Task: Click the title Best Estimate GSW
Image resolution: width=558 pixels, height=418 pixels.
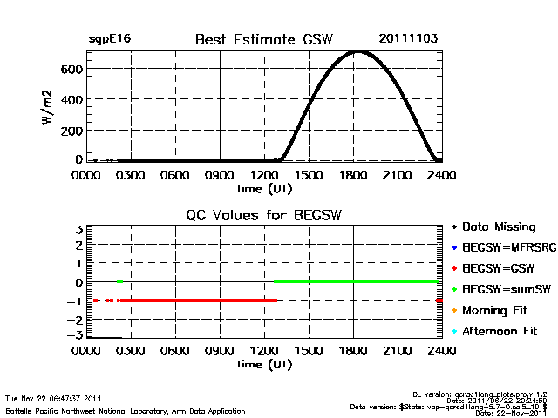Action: (x=264, y=39)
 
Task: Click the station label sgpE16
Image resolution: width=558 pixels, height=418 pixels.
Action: (x=109, y=39)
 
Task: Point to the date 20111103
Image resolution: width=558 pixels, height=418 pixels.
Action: (x=408, y=39)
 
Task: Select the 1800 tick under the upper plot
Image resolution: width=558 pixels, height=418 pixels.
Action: (x=353, y=175)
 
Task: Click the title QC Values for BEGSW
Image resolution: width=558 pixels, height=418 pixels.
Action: (x=263, y=215)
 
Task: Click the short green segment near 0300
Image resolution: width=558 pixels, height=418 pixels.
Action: (x=119, y=282)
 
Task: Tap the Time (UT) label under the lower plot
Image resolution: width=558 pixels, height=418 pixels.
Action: (x=263, y=364)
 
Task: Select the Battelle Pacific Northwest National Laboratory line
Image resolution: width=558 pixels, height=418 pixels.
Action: (x=126, y=410)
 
